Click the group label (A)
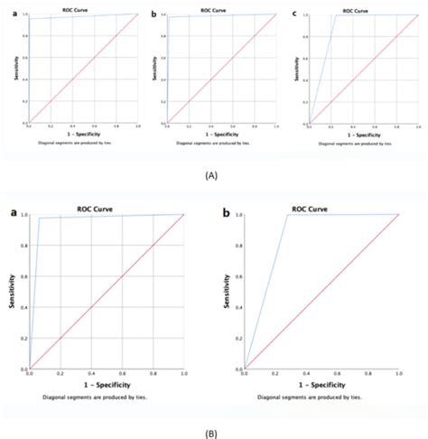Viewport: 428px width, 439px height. tap(213, 177)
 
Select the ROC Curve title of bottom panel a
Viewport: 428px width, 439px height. tap(109, 207)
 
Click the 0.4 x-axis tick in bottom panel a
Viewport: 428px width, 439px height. tap(90, 374)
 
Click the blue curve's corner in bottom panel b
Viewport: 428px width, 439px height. tap(287, 215)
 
